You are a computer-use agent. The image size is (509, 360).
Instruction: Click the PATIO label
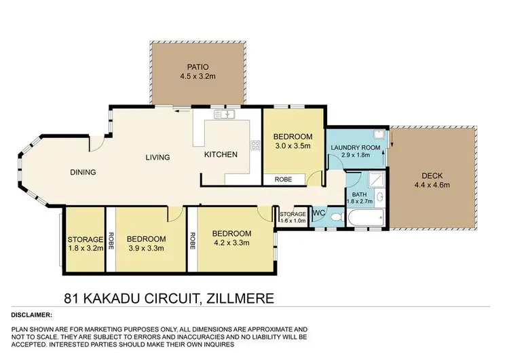pyautogui.click(x=196, y=67)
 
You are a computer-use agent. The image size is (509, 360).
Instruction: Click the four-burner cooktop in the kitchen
pyautogui.click(x=255, y=145)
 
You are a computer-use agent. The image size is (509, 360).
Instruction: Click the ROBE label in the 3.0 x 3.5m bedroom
pyautogui.click(x=283, y=180)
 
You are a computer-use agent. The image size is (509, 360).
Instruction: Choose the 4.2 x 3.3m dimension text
pyautogui.click(x=232, y=241)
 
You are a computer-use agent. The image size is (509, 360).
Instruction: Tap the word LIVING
pyautogui.click(x=157, y=158)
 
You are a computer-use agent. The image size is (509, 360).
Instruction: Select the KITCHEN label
pyautogui.click(x=221, y=155)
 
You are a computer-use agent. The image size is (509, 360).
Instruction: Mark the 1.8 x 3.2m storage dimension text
pyautogui.click(x=85, y=249)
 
